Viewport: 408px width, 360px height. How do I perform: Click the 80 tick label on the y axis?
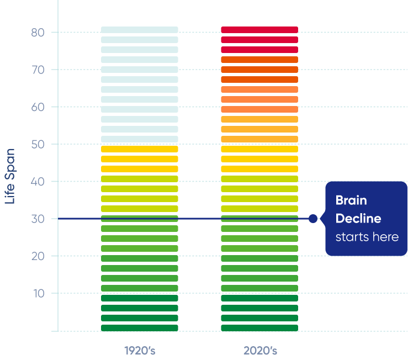[x=37, y=33]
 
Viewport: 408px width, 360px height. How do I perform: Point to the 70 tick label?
[x=37, y=70]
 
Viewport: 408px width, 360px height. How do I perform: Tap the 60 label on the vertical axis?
[x=37, y=107]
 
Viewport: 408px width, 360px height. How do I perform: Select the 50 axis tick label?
[x=37, y=144]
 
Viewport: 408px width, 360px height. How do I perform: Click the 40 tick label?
[x=37, y=182]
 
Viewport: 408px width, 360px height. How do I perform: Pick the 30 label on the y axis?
[x=37, y=219]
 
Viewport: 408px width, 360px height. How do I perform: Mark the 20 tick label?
[x=37, y=256]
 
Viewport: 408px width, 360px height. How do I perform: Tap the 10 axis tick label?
[x=37, y=293]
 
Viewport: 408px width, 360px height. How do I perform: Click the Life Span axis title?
[x=10, y=176]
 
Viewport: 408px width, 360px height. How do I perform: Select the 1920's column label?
[x=140, y=351]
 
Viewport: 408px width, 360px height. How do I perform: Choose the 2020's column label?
[x=260, y=351]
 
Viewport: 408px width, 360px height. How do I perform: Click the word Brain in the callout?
[x=351, y=200]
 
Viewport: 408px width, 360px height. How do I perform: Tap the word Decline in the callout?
[x=358, y=219]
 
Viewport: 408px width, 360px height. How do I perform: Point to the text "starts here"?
[x=367, y=237]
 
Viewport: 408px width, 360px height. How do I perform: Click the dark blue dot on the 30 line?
[x=313, y=219]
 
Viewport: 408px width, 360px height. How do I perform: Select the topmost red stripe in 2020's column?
[x=259, y=30]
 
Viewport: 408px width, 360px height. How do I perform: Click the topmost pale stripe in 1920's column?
[x=140, y=30]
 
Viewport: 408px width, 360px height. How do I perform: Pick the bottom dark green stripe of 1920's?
[x=140, y=328]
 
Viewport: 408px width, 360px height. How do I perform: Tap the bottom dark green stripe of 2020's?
[x=259, y=328]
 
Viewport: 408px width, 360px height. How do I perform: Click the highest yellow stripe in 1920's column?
[x=140, y=149]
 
